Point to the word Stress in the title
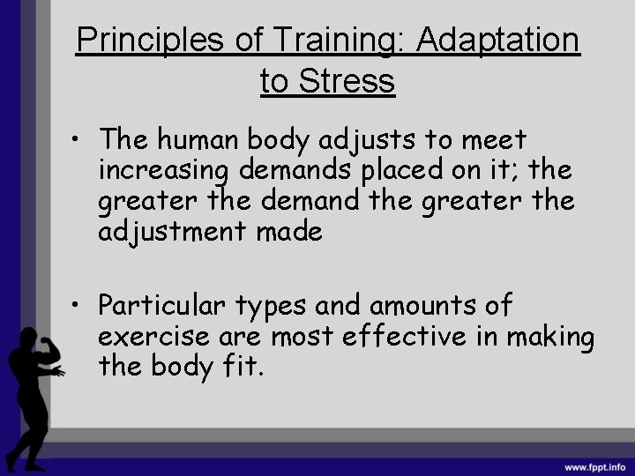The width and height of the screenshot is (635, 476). coord(348,81)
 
